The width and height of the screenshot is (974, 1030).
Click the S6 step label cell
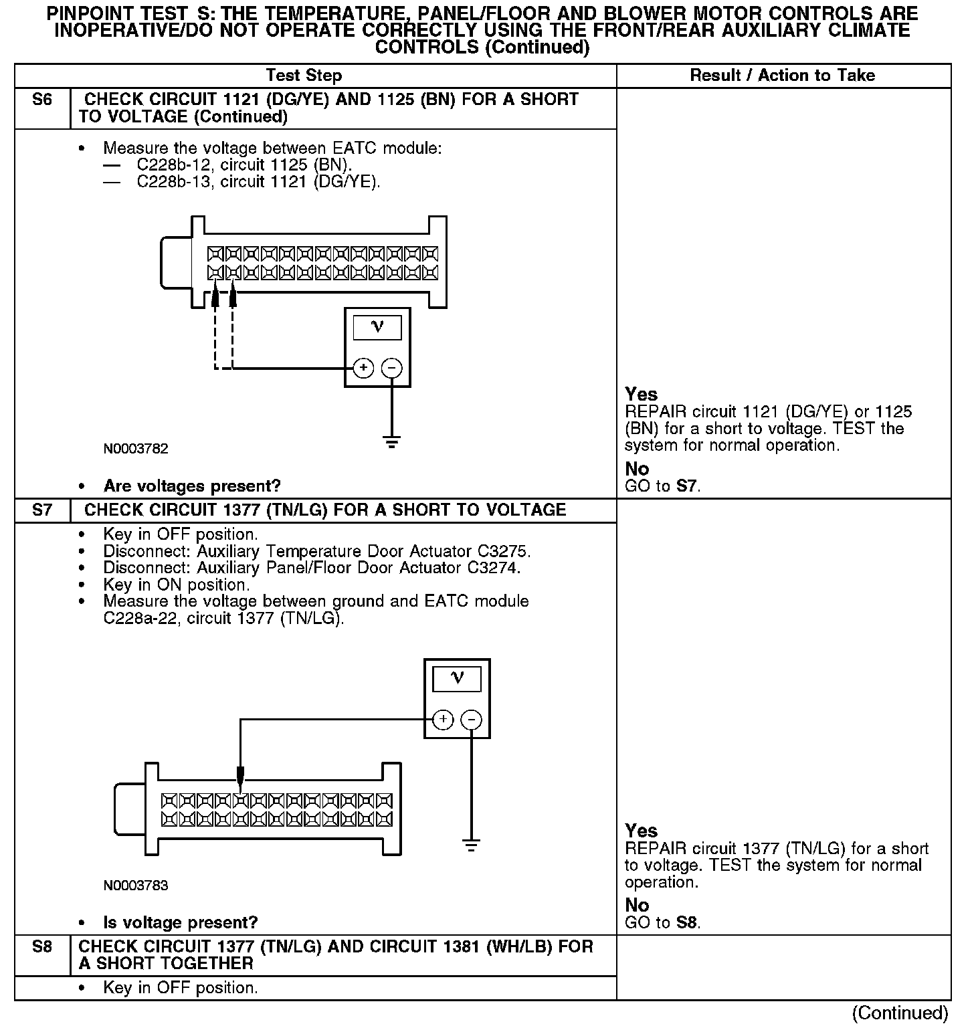point(42,100)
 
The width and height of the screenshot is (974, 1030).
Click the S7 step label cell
point(42,510)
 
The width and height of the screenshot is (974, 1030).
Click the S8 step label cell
point(42,947)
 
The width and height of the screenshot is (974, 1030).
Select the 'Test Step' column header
point(304,76)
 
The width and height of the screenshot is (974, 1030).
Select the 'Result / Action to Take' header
point(783,76)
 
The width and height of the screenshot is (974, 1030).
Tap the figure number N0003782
point(136,449)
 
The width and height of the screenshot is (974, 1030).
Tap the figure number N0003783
point(136,886)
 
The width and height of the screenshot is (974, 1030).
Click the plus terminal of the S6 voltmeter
point(363,368)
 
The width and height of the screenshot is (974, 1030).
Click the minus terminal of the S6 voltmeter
point(391,368)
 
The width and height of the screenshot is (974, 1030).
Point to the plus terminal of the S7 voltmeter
point(443,720)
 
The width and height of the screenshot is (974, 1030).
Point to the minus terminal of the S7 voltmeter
point(472,720)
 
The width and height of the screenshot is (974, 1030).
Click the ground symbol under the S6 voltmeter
point(391,442)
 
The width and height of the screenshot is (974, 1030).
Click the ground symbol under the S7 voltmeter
point(472,846)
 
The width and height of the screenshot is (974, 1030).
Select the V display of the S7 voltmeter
point(457,679)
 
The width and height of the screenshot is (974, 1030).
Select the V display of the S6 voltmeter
point(377,328)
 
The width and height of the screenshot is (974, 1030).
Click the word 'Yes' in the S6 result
point(642,394)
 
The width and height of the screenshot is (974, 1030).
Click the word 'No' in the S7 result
point(637,905)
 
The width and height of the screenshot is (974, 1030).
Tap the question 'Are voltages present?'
point(192,486)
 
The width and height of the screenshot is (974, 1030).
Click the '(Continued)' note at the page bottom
point(900,1013)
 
